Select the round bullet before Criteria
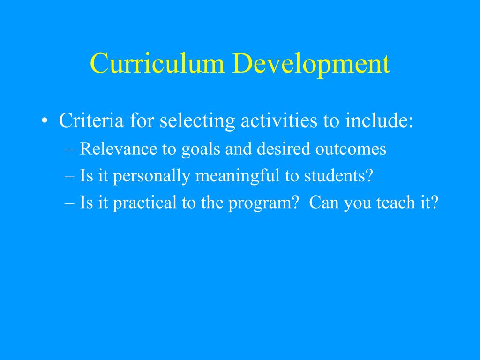44,122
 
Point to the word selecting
197,121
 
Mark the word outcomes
350,149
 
